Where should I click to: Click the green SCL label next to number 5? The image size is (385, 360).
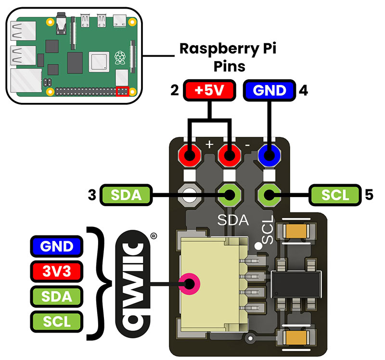click(335, 195)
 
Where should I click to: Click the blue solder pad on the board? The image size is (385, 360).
click(269, 156)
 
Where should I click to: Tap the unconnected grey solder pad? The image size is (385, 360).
click(189, 195)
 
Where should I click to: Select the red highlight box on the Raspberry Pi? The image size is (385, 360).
click(123, 91)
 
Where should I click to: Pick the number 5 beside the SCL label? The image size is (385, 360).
click(369, 195)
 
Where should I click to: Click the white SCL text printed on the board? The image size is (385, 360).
click(268, 229)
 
